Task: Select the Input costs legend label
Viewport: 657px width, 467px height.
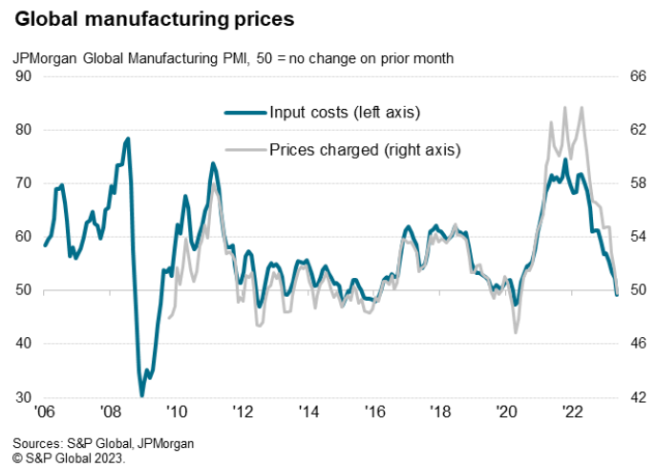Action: coord(345,113)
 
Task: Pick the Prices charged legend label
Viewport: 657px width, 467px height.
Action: coord(365,149)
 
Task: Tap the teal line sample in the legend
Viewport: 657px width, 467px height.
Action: coord(244,113)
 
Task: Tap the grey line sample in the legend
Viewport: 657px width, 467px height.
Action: coord(244,149)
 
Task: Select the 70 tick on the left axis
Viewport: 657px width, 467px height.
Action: coord(23,183)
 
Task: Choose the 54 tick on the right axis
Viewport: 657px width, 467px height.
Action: coord(634,237)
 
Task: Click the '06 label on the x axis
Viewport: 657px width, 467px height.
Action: coord(44,414)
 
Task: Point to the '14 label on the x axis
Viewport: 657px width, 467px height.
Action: coord(308,414)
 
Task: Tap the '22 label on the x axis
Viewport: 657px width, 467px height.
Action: coord(573,414)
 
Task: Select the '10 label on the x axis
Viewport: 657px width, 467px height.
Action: coord(176,414)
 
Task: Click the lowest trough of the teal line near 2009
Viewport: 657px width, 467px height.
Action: coord(141,394)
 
